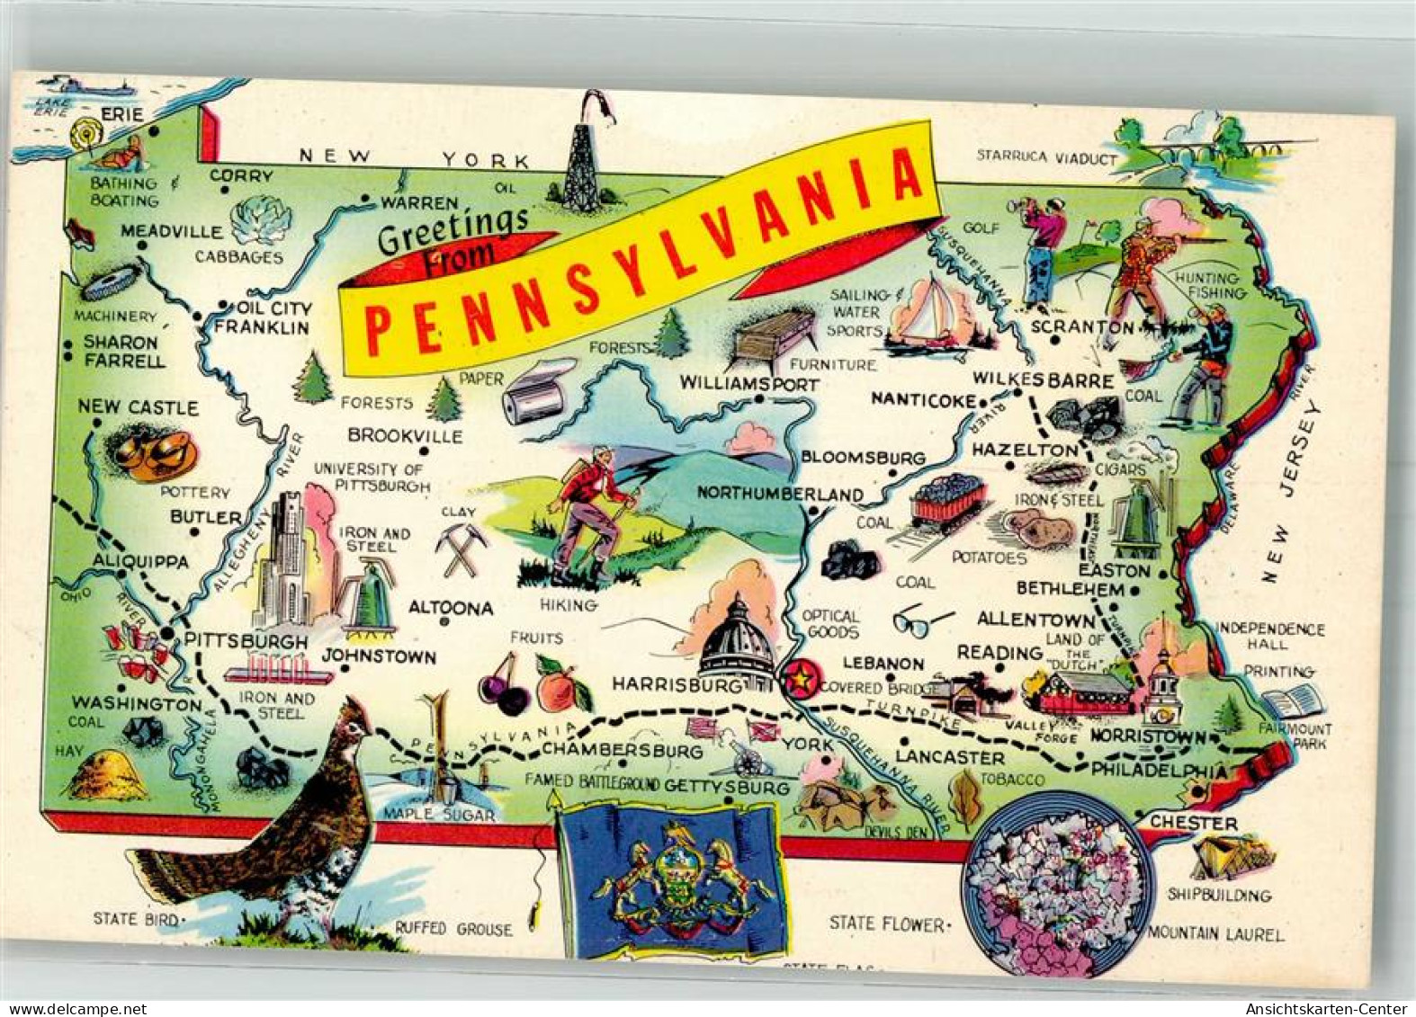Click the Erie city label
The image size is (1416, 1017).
(122, 114)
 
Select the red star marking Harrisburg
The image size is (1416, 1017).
(798, 679)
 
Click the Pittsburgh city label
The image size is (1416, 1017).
(246, 642)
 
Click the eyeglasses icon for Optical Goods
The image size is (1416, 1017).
(922, 620)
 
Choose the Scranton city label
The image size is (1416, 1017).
(1082, 327)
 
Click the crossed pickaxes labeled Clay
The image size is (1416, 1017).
(462, 549)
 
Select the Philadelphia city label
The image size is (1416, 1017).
(1159, 771)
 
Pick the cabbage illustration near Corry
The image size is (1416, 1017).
(261, 220)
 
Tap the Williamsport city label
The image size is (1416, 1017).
(748, 384)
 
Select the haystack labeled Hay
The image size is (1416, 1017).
(109, 774)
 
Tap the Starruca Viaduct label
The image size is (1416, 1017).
(1046, 157)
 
